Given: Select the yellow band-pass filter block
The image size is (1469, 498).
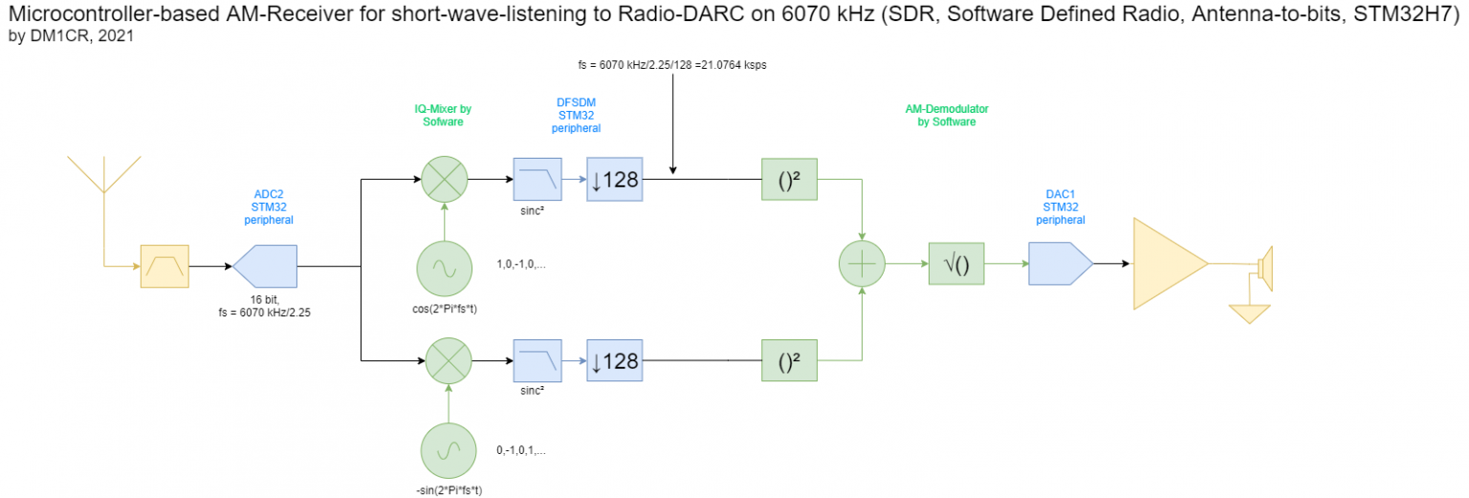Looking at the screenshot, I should point(165,265).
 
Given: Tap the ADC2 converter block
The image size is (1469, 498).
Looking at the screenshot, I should point(265,266).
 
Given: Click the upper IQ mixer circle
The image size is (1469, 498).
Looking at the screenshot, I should point(445,179).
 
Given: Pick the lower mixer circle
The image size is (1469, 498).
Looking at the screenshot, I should point(445,361).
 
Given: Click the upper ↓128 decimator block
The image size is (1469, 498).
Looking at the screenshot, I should point(615,179).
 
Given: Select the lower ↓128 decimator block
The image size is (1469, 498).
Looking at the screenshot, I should point(615,361).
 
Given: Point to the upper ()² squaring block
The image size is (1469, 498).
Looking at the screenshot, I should point(789,179).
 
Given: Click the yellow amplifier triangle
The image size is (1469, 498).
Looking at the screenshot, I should point(1164,264).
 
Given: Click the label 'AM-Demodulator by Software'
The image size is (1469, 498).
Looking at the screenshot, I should point(946,116).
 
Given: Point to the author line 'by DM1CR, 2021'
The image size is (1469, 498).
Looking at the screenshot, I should point(70,36).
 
